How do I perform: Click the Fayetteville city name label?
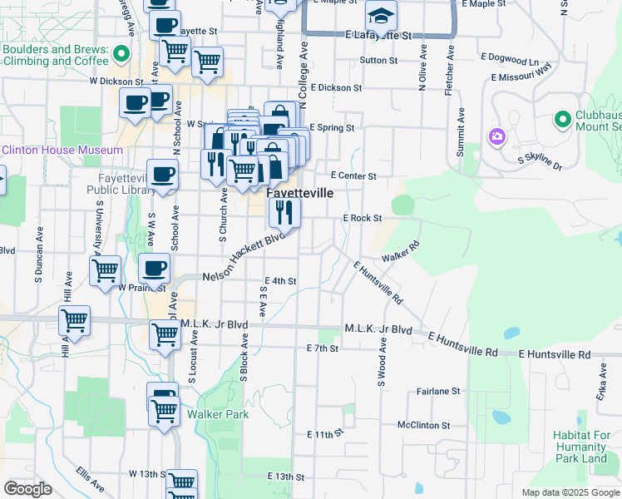[300, 192]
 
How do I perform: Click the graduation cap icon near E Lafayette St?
[381, 16]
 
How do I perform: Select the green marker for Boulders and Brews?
[121, 56]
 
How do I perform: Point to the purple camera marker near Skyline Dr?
[497, 136]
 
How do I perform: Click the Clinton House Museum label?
[62, 151]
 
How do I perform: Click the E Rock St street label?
[362, 218]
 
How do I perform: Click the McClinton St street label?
[423, 425]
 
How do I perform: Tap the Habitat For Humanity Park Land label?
[580, 447]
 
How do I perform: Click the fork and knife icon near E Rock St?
[284, 214]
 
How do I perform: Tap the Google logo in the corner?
[27, 489]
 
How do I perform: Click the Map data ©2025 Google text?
[570, 492]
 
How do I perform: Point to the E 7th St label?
[322, 348]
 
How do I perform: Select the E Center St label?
[353, 176]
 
